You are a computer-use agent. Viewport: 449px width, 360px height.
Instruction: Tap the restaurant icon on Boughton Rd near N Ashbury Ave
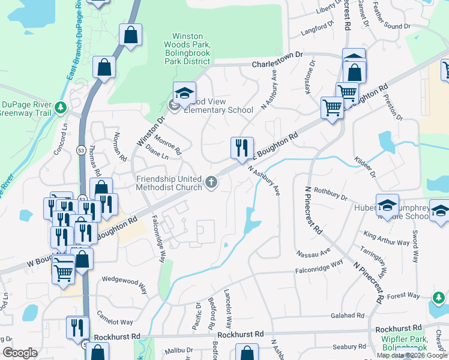point(243,148)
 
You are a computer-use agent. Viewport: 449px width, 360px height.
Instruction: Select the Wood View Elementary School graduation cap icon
point(185,93)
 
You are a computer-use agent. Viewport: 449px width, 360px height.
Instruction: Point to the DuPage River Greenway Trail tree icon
point(60,107)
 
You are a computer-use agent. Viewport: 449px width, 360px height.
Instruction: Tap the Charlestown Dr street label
point(274,64)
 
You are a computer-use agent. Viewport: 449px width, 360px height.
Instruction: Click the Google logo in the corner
point(20,353)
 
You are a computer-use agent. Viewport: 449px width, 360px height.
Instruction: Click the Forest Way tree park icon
point(438,297)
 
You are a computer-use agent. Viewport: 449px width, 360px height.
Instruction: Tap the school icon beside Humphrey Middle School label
point(387,205)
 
